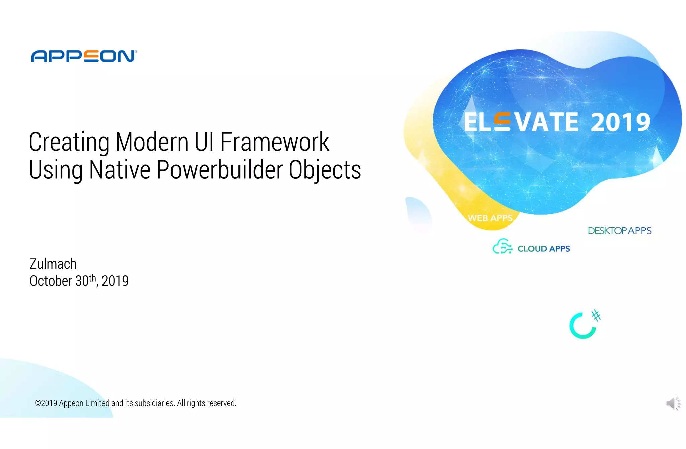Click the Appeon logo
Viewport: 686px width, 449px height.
click(84, 56)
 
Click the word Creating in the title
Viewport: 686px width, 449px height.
click(69, 143)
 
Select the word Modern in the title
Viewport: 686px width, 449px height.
click(152, 142)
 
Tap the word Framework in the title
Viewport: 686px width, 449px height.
click(275, 142)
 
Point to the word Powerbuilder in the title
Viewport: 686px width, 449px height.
click(220, 170)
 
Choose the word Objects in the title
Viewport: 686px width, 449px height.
click(325, 170)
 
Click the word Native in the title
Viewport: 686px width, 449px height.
click(120, 170)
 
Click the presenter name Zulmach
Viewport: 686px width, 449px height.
click(53, 264)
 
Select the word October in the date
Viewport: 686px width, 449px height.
click(51, 281)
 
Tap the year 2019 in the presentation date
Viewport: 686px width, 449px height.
click(115, 281)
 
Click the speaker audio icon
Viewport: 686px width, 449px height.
click(673, 403)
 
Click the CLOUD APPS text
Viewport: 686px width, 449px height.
click(543, 249)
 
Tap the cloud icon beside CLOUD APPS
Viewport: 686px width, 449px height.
click(502, 246)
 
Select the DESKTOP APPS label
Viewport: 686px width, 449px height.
click(619, 231)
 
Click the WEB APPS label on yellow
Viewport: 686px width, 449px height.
click(490, 218)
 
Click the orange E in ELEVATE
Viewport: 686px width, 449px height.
click(502, 122)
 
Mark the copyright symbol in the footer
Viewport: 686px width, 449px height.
click(38, 403)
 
